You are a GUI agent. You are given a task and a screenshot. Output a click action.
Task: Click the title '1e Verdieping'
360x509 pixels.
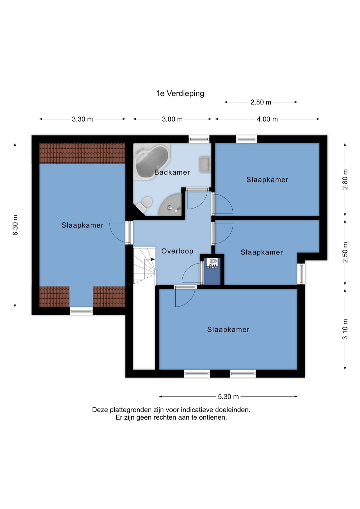180,93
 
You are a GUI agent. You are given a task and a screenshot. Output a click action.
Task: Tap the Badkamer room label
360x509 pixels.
172,172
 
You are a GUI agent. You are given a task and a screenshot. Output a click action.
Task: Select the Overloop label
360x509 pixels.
177,251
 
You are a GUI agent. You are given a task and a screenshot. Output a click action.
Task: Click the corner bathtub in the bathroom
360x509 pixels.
152,161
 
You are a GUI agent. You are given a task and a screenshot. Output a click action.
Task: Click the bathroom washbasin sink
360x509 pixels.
205,164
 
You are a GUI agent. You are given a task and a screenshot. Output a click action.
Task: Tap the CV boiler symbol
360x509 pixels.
212,263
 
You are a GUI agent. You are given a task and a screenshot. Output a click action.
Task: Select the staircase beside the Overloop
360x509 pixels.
144,265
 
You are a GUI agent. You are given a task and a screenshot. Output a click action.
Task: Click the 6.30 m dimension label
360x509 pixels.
15,225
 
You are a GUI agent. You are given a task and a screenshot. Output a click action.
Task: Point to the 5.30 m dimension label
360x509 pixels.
228,397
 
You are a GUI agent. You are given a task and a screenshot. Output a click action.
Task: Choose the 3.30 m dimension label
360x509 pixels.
82,119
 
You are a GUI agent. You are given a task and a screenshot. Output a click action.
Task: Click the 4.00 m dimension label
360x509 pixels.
267,119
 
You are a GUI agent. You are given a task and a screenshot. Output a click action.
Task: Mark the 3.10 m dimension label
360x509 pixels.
345,329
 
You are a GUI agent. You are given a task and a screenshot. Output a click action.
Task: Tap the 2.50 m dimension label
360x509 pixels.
345,252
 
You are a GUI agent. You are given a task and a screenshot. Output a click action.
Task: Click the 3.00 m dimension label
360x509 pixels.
172,119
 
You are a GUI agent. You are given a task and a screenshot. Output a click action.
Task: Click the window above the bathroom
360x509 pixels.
199,139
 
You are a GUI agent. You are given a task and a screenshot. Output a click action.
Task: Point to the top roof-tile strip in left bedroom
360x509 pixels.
82,153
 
